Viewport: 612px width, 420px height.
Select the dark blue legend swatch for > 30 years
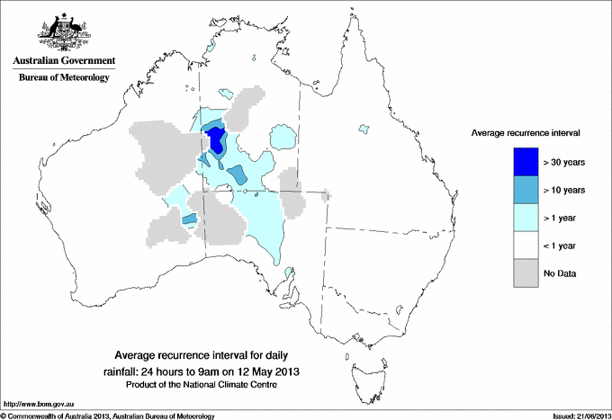click(x=527, y=162)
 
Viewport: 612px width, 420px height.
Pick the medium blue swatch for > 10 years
click(x=527, y=190)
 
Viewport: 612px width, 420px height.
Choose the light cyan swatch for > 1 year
click(x=527, y=218)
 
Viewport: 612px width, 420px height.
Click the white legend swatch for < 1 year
click(x=527, y=246)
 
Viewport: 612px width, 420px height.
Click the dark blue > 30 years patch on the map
click(x=216, y=140)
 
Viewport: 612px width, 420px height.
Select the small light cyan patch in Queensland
click(x=364, y=131)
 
